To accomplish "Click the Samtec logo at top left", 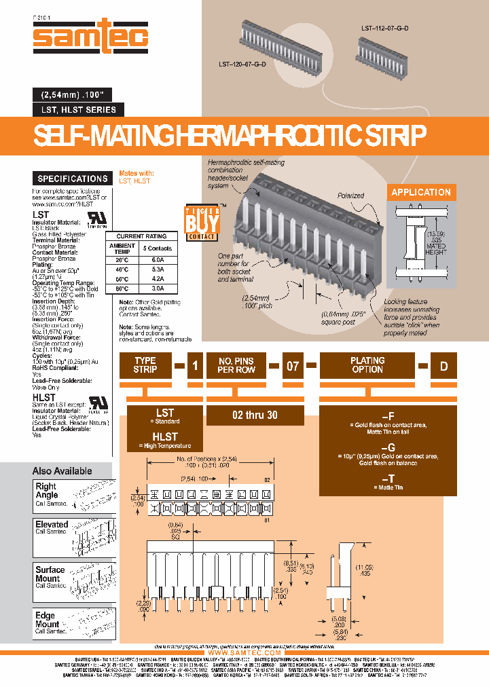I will (90, 38).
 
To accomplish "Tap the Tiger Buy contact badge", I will (202, 222).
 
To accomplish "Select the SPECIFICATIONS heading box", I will (73, 179).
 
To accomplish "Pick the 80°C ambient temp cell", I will (122, 287).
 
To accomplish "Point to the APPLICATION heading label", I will (421, 192).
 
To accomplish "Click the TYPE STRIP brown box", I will (145, 365).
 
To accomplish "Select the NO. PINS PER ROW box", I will (236, 365).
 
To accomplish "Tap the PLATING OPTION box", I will (367, 365).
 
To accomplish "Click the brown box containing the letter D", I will (443, 366).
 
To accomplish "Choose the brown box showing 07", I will (292, 366).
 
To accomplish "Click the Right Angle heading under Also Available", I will (46, 491).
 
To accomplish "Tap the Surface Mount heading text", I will (50, 574).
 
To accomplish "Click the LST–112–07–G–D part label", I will (385, 29).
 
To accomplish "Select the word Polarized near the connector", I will (351, 195).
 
